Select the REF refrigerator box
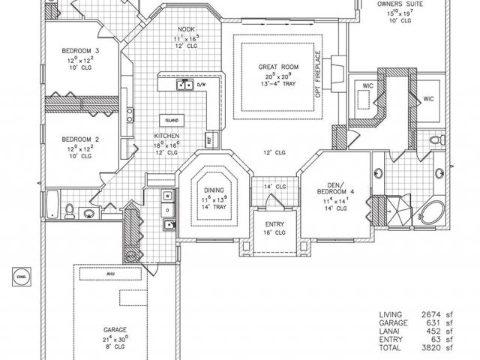pos(208,140)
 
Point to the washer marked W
pos(169,196)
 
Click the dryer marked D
pos(169,210)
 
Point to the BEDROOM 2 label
pos(80,139)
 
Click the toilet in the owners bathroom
pos(434,141)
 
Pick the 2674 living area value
pos(430,314)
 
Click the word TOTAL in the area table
pos(391,348)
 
